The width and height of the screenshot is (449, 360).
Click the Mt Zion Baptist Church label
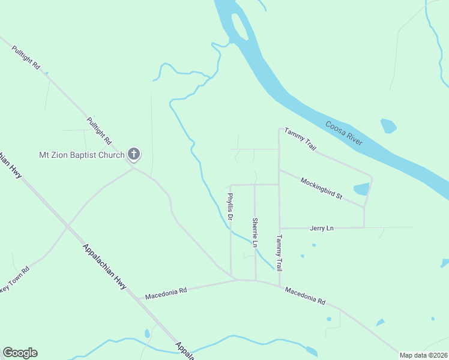pyautogui.click(x=82, y=155)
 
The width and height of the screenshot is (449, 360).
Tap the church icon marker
pyautogui.click(x=134, y=155)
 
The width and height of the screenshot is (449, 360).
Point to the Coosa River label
pyautogui.click(x=344, y=133)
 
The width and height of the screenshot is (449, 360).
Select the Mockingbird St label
pyautogui.click(x=321, y=188)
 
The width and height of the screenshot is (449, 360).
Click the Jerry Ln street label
pyautogui.click(x=321, y=228)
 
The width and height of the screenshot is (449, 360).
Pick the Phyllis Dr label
pyautogui.click(x=229, y=205)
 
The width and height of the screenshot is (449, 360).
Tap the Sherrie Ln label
pyautogui.click(x=255, y=232)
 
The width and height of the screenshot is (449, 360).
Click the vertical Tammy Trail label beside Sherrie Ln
pyautogui.click(x=279, y=251)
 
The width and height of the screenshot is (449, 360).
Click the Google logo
pyautogui.click(x=20, y=353)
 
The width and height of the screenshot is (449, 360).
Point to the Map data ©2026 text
pyautogui.click(x=423, y=355)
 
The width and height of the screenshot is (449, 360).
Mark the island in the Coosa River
pyautogui.click(x=240, y=27)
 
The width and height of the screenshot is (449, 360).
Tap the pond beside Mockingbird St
pyautogui.click(x=361, y=189)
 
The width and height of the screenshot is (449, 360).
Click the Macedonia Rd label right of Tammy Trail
pyautogui.click(x=305, y=295)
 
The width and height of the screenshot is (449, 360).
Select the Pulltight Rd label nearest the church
pyautogui.click(x=99, y=130)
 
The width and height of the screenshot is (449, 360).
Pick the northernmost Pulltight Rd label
pyautogui.click(x=28, y=57)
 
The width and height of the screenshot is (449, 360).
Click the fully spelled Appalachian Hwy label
pyautogui.click(x=104, y=267)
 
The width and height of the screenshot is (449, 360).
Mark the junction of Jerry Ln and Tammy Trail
pyautogui.click(x=279, y=228)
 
